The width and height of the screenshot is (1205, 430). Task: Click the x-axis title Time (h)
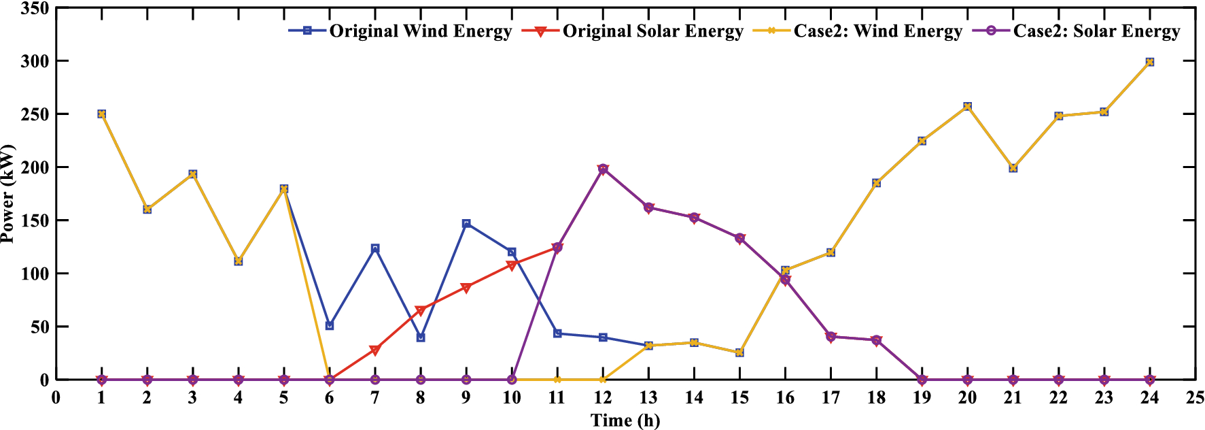(625, 420)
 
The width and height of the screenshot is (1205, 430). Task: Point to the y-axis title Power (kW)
(8, 194)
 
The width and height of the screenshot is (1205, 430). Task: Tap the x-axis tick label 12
(602, 398)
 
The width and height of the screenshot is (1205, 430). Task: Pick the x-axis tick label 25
(1195, 398)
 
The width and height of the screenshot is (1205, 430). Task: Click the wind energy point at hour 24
(1149, 62)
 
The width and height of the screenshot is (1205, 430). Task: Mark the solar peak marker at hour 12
(603, 169)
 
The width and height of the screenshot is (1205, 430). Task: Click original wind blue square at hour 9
(466, 224)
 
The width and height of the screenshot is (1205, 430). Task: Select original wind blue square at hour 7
(375, 248)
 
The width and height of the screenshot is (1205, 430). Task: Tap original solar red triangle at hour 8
(421, 310)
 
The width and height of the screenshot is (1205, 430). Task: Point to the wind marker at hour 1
(101, 114)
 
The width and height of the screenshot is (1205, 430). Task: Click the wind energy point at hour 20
(967, 107)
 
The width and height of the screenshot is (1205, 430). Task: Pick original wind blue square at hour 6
(330, 326)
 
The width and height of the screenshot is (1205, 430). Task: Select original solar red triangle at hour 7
(375, 350)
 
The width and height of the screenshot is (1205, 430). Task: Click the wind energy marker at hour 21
(1013, 168)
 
